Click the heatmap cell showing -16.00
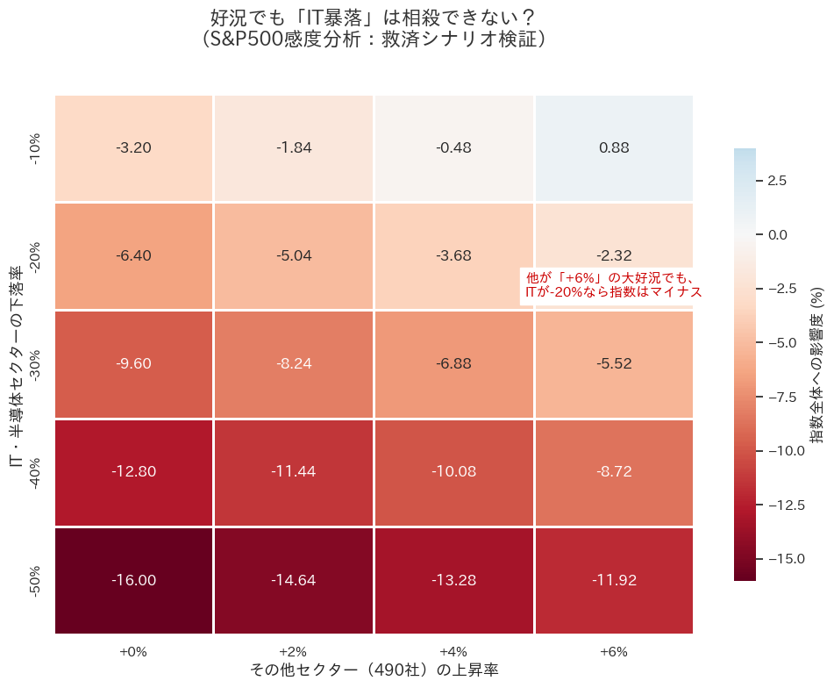coord(133,580)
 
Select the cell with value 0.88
coord(614,147)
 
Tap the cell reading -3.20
coord(133,147)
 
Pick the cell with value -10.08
coord(453,471)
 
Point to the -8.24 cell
coord(294,363)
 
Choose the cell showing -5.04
coord(294,255)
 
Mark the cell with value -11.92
coord(614,580)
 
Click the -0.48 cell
coord(453,147)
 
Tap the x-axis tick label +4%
coord(453,652)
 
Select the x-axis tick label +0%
coord(133,652)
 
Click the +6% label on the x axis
coord(614,652)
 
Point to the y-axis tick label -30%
coord(36,363)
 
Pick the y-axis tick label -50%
coord(36,580)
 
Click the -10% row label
coord(36,147)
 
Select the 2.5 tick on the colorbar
coord(777,181)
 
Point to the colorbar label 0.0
coord(777,235)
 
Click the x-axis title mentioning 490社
coord(374,670)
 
